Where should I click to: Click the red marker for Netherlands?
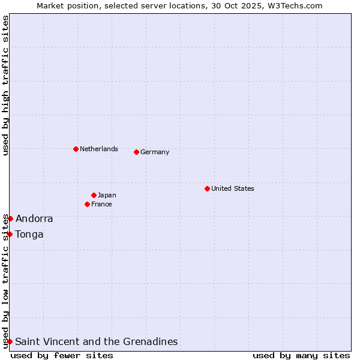tap(76, 149)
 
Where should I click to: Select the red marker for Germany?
tap(136, 152)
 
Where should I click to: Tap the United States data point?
tap(207, 188)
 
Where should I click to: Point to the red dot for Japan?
tap(94, 195)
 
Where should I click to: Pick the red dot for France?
tap(87, 204)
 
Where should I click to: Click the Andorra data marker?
tap(10, 218)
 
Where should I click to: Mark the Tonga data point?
tap(10, 234)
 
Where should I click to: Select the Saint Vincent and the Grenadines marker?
tap(10, 341)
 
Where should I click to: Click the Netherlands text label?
tap(99, 149)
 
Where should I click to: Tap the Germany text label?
tap(155, 152)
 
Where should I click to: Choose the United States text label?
tap(233, 188)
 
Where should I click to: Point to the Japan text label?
tap(107, 195)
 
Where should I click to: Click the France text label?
tap(101, 204)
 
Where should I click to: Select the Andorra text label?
tap(34, 218)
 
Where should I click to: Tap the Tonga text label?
tap(29, 234)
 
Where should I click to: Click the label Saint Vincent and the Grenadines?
tap(97, 341)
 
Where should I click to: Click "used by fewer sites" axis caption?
tap(62, 355)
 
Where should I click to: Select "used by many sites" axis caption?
tap(301, 355)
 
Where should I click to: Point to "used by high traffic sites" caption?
tap(5, 85)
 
